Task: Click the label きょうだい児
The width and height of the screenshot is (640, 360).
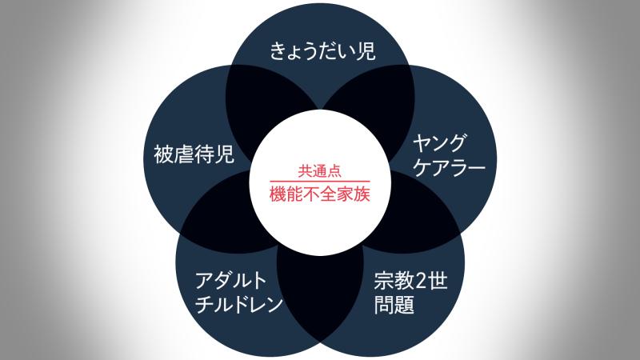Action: click(x=322, y=51)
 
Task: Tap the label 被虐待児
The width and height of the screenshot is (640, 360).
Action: click(x=194, y=154)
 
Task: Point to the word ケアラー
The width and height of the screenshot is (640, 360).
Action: click(x=449, y=167)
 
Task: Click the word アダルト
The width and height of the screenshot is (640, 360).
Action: click(x=230, y=281)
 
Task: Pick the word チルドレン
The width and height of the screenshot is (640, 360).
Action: click(x=238, y=304)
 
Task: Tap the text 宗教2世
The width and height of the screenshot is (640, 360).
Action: click(x=410, y=281)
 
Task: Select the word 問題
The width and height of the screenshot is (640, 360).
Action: click(x=394, y=305)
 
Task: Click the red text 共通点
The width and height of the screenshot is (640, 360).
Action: click(x=319, y=171)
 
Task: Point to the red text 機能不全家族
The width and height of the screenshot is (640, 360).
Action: click(x=319, y=194)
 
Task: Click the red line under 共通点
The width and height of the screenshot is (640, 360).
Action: click(x=319, y=181)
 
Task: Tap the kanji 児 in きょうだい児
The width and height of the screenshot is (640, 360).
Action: click(x=366, y=51)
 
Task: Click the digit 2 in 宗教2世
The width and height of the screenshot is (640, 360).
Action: click(x=422, y=282)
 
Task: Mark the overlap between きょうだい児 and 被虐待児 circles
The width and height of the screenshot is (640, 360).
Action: click(x=262, y=106)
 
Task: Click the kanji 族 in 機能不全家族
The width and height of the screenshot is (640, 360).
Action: click(x=362, y=194)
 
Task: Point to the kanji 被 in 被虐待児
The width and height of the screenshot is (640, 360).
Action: click(x=164, y=154)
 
